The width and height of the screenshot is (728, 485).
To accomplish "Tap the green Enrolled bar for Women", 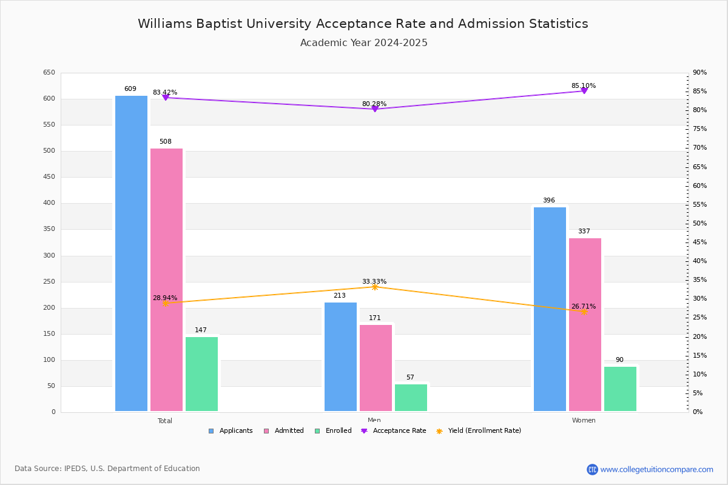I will (x=620, y=389).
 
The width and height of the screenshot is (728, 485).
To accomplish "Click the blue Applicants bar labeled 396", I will (x=550, y=309).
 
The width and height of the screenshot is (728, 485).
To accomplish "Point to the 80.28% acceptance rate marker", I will (x=375, y=109).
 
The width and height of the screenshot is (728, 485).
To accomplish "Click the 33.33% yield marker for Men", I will (x=375, y=287).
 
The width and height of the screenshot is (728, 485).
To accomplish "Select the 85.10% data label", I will (x=583, y=85).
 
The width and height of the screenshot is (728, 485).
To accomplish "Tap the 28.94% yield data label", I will (x=165, y=298).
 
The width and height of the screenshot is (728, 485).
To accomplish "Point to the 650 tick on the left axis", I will (x=49, y=73).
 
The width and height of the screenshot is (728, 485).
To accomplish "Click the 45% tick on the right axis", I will (x=699, y=242).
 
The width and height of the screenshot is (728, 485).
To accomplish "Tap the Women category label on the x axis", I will (x=584, y=421).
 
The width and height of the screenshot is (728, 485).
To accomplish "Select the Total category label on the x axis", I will (x=165, y=421).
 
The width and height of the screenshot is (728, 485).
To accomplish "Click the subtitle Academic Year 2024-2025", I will (x=364, y=43).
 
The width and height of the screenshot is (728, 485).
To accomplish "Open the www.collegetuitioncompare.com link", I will (x=656, y=469).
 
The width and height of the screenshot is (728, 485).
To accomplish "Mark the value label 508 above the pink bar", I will (x=166, y=142).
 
